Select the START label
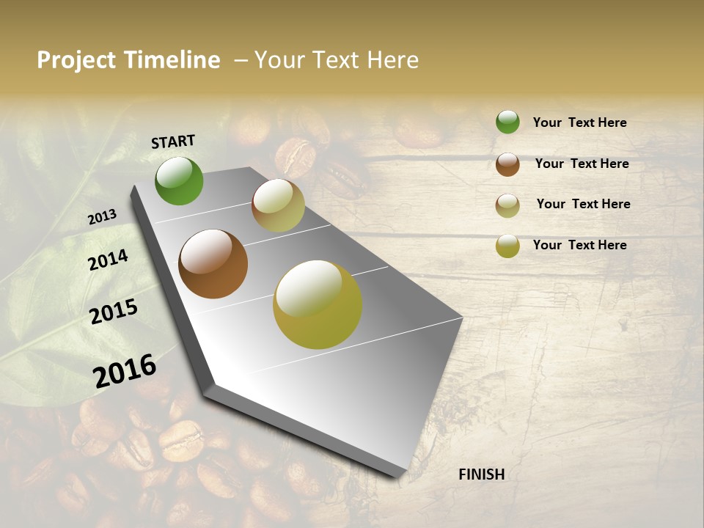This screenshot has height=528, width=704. click(x=173, y=142)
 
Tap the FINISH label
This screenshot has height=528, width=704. click(x=482, y=474)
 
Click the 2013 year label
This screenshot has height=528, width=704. click(x=102, y=217)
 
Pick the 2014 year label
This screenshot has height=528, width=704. click(x=109, y=260)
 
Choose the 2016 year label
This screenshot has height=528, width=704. click(x=125, y=370)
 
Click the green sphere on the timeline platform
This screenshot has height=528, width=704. click(x=179, y=180)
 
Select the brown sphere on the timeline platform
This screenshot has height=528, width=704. click(x=213, y=264)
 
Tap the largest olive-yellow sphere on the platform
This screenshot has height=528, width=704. click(x=318, y=304)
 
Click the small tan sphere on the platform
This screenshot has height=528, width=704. click(x=278, y=205)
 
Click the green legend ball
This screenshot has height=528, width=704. click(x=507, y=122)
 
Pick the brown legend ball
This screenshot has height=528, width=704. click(x=507, y=164)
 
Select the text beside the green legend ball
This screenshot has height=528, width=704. click(x=579, y=122)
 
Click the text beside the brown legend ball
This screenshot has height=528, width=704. click(x=582, y=164)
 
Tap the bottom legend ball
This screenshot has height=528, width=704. click(x=507, y=246)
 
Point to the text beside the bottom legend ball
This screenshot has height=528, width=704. click(x=579, y=245)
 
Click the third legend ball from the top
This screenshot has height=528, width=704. click(x=507, y=205)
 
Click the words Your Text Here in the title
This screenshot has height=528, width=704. click(x=336, y=60)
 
